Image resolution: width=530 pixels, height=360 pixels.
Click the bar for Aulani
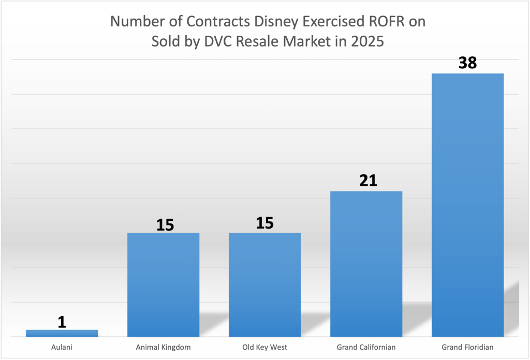point(62,333)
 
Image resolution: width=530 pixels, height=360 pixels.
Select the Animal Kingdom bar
point(163,284)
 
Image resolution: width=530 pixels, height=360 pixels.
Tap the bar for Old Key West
point(264,284)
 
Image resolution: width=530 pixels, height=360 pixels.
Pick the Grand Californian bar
point(366,264)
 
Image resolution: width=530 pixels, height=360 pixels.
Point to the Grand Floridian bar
point(467,205)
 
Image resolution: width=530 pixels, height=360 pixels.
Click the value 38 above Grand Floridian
point(467,63)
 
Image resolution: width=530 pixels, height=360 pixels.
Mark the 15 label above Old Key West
point(264,222)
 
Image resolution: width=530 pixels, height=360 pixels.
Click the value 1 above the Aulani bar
point(62,322)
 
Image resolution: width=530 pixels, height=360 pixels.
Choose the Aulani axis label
point(62,347)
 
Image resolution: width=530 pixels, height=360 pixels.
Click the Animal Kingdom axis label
point(163,347)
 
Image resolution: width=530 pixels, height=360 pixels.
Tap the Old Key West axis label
point(264,347)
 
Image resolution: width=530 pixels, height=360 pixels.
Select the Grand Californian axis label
point(366,347)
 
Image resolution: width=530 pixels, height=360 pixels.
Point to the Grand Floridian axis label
point(467,347)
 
